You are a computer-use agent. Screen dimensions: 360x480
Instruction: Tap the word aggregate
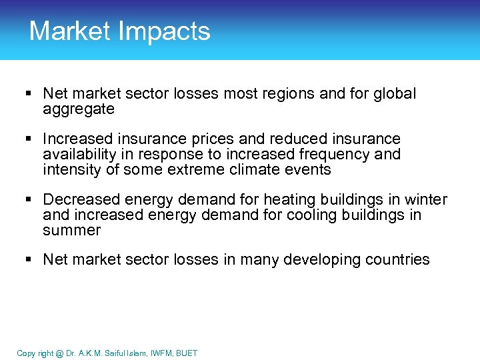pos(79,109)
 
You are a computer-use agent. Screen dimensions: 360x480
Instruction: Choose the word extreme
pos(206,169)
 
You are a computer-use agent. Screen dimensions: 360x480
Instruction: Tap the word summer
pos(71,231)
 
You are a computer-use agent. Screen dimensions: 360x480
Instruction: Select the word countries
pos(399,260)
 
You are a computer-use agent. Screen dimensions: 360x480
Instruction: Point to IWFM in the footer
pos(159,353)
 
